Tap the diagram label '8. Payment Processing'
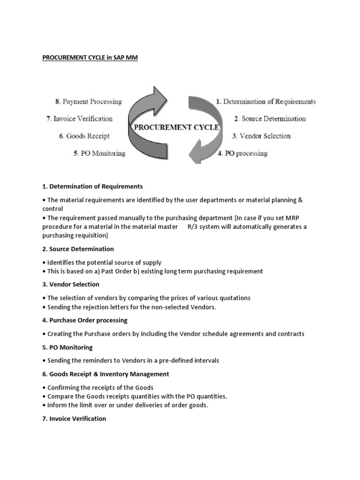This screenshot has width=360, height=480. [x=88, y=101]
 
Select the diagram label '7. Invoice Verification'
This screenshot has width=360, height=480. [x=80, y=119]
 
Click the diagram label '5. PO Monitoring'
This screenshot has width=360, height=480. [x=99, y=153]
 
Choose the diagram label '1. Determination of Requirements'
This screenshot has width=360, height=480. [x=265, y=101]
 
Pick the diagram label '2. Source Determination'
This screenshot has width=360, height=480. [x=270, y=119]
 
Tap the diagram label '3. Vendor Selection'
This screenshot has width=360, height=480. [x=261, y=136]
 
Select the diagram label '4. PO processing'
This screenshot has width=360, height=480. [x=242, y=153]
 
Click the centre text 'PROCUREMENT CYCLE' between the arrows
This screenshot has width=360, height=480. [x=176, y=127]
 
